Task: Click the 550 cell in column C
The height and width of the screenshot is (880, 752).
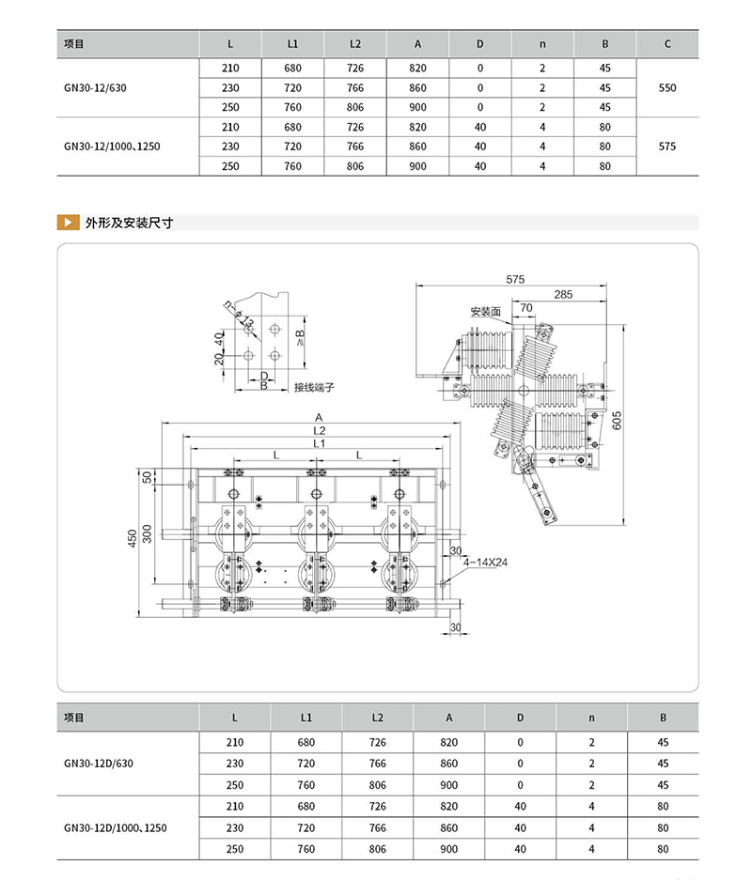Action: point(667,87)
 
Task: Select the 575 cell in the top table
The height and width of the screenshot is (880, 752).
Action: point(667,147)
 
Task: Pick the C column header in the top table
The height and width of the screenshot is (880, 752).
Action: point(667,44)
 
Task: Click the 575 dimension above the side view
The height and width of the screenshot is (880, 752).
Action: point(514,279)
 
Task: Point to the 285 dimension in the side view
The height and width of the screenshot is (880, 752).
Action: point(563,295)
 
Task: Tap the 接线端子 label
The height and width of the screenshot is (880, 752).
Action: point(314,387)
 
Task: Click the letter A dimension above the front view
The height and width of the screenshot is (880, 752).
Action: point(320,416)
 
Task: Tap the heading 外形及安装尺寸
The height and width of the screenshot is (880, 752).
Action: point(129,224)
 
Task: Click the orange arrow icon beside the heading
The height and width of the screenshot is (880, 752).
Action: point(68,224)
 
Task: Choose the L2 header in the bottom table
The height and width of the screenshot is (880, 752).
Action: point(377,718)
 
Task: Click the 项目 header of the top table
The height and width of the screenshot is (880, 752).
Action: point(73,44)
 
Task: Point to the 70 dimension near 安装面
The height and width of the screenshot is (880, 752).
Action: point(526,307)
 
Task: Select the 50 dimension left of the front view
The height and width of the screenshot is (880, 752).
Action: point(147,477)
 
